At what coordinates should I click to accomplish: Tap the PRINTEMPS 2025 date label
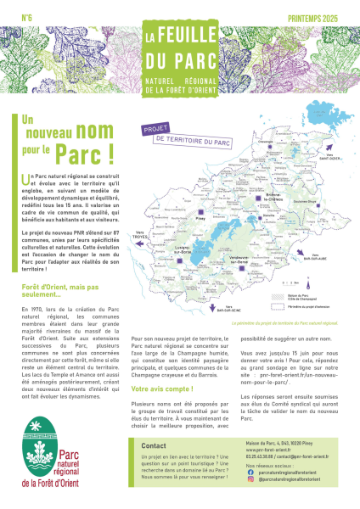tap(319, 17)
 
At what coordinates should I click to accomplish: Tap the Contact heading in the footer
tap(154, 445)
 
